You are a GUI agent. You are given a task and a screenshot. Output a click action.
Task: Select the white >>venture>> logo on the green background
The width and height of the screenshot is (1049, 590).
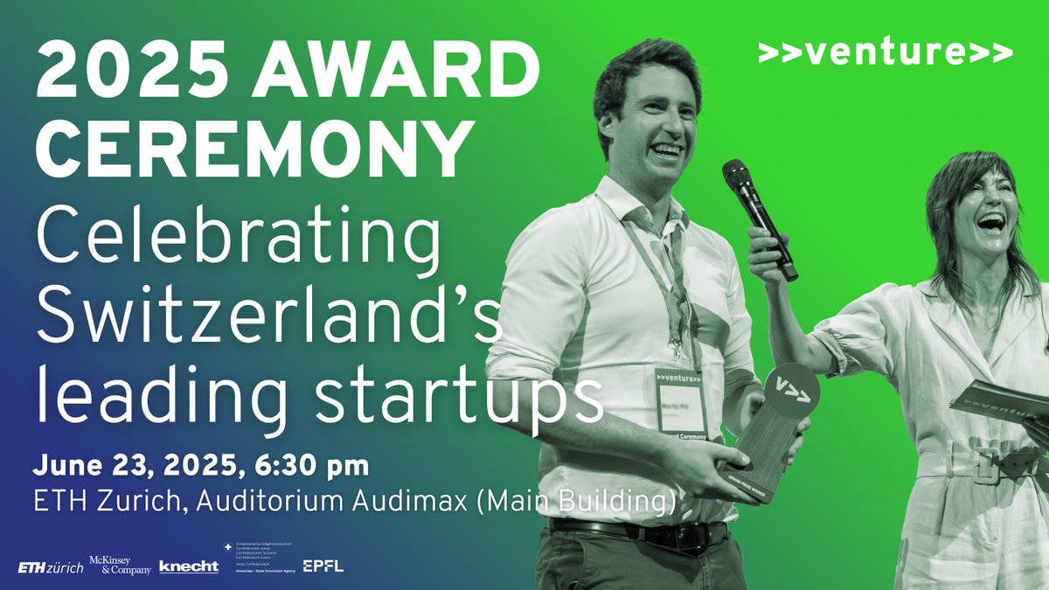coord(886,53)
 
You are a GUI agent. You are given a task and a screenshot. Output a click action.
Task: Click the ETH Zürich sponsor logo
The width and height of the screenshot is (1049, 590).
coord(51,567)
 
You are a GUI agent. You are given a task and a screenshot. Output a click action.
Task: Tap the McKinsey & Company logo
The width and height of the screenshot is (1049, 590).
coord(120,566)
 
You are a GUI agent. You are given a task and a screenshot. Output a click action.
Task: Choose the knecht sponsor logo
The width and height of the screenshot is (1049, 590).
coord(188,566)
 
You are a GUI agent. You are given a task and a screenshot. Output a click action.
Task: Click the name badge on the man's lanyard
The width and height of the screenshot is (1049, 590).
coord(681,402)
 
